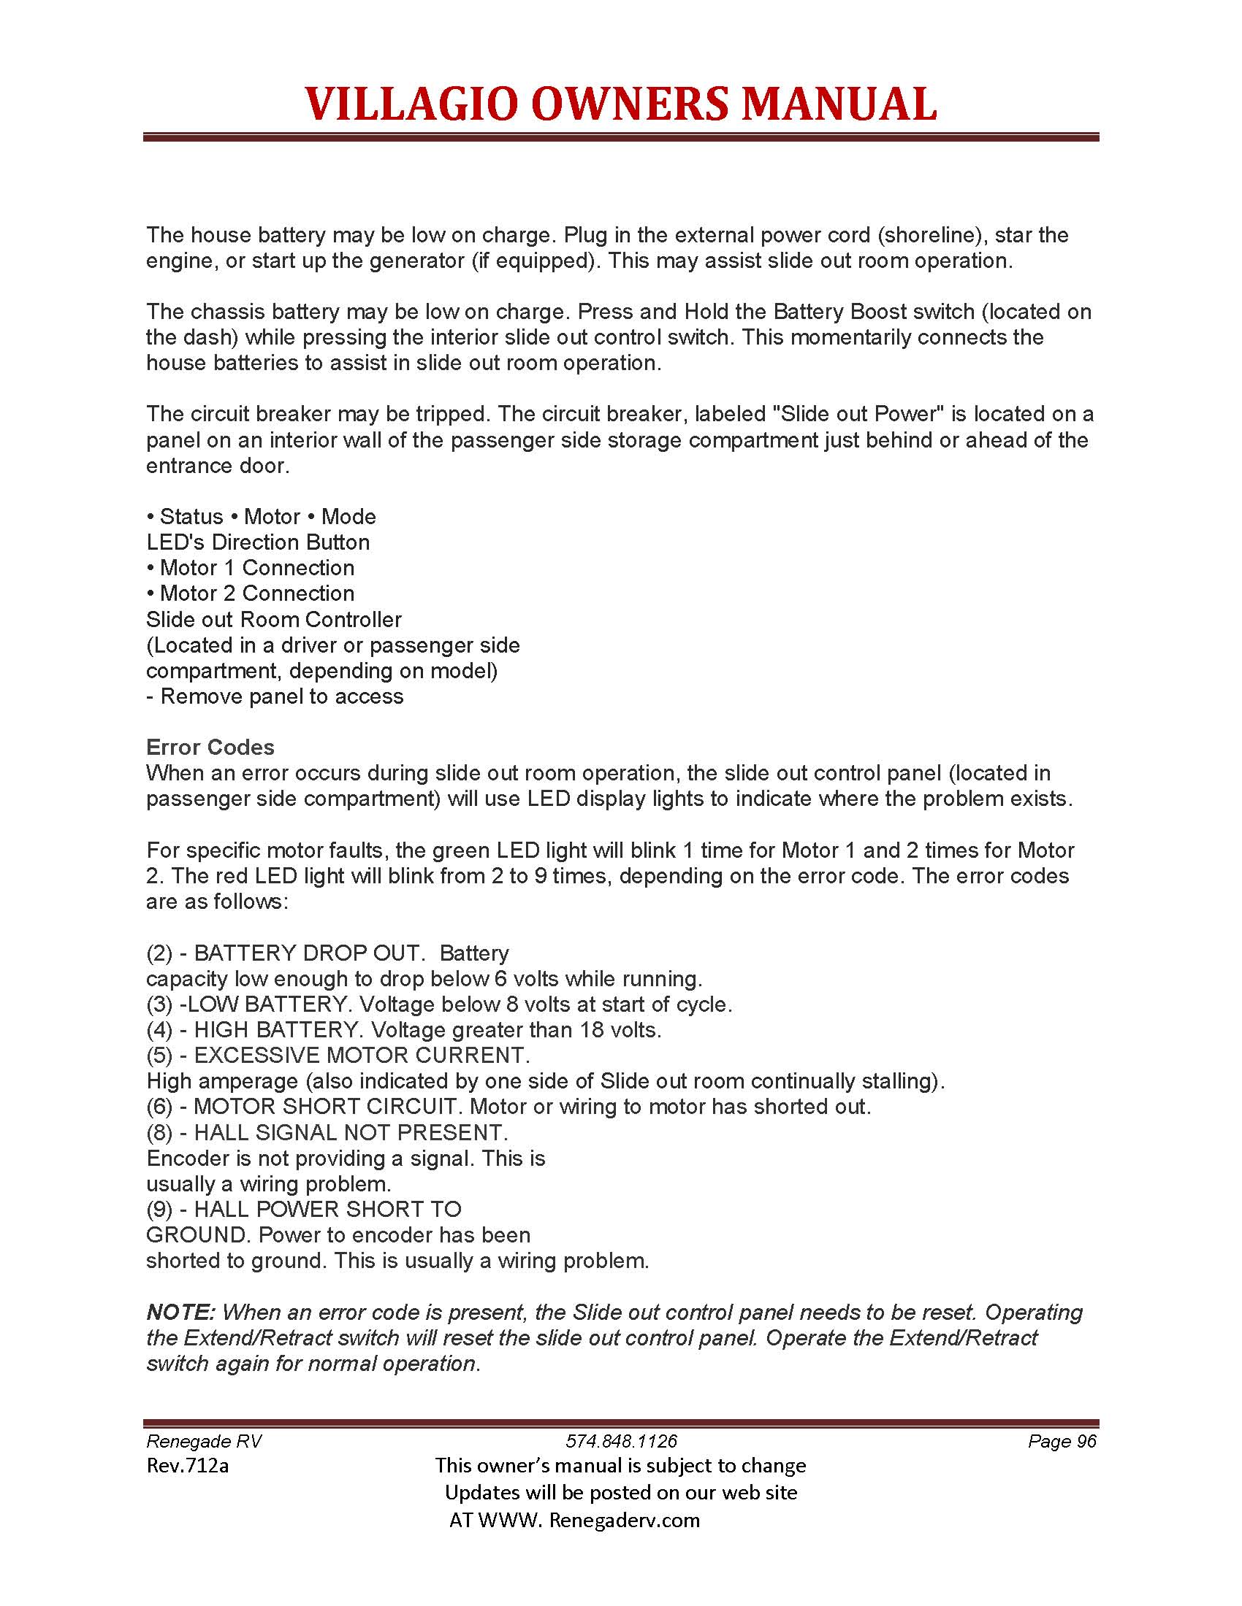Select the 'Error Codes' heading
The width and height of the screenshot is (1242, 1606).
[210, 747]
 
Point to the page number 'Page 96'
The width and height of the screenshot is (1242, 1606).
[1062, 1441]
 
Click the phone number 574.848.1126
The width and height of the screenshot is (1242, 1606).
[621, 1441]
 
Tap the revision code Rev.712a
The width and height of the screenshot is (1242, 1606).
[188, 1466]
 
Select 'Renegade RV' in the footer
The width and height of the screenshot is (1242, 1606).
[204, 1441]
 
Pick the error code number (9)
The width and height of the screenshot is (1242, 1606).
[159, 1209]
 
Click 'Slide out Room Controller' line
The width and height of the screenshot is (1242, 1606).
[274, 619]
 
